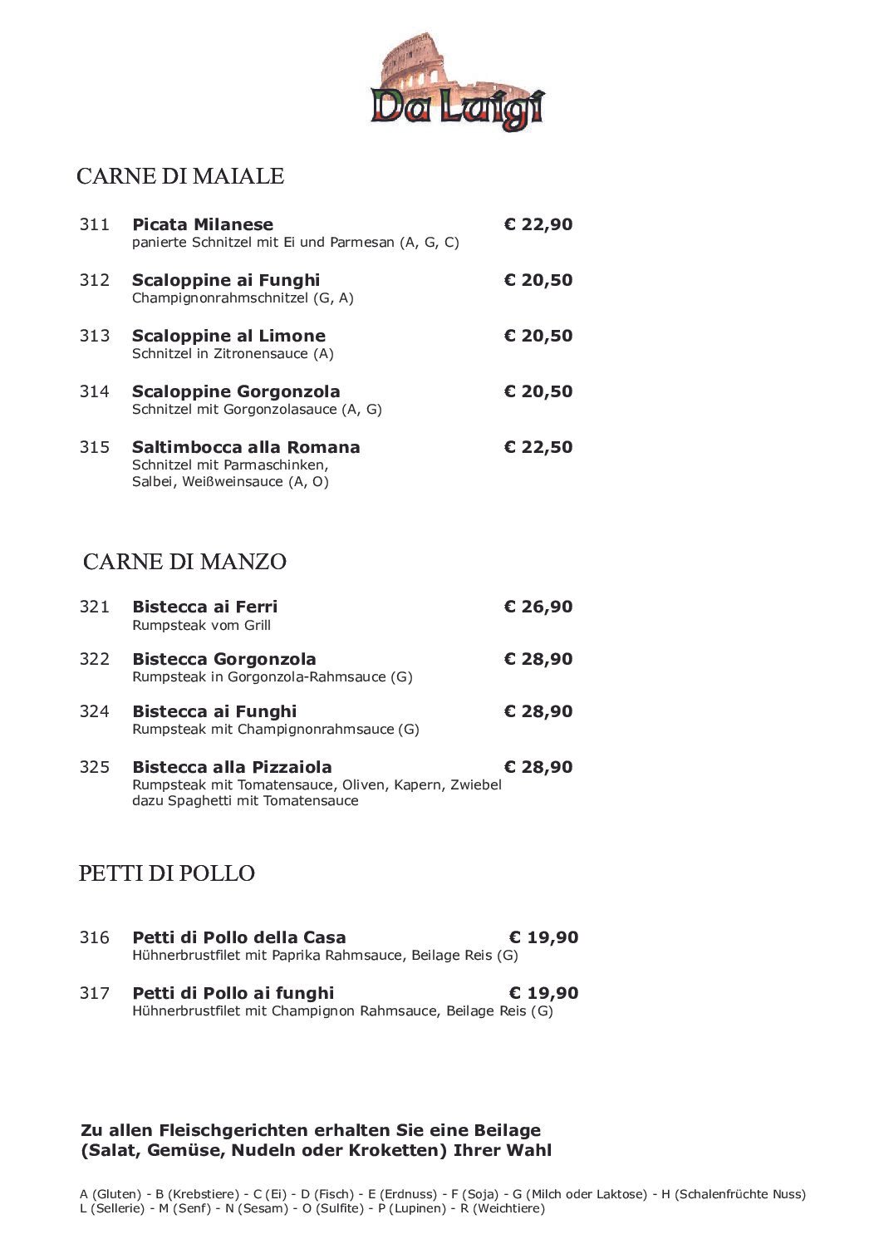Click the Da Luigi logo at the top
click(458, 84)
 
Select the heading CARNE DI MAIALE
click(180, 176)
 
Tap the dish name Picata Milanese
click(203, 224)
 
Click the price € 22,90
click(538, 224)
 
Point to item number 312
click(95, 280)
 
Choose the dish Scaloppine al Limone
click(228, 336)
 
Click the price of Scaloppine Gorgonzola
click(538, 391)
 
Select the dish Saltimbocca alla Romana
click(246, 447)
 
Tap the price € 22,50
click(538, 447)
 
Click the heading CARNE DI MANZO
click(184, 562)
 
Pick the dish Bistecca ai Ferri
click(205, 607)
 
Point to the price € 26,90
click(538, 607)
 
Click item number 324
click(95, 711)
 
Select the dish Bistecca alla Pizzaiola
click(232, 767)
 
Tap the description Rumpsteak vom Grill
click(202, 626)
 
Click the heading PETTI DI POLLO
click(166, 873)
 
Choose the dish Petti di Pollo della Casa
click(239, 937)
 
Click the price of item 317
click(543, 993)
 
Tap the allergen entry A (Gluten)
click(110, 1194)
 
